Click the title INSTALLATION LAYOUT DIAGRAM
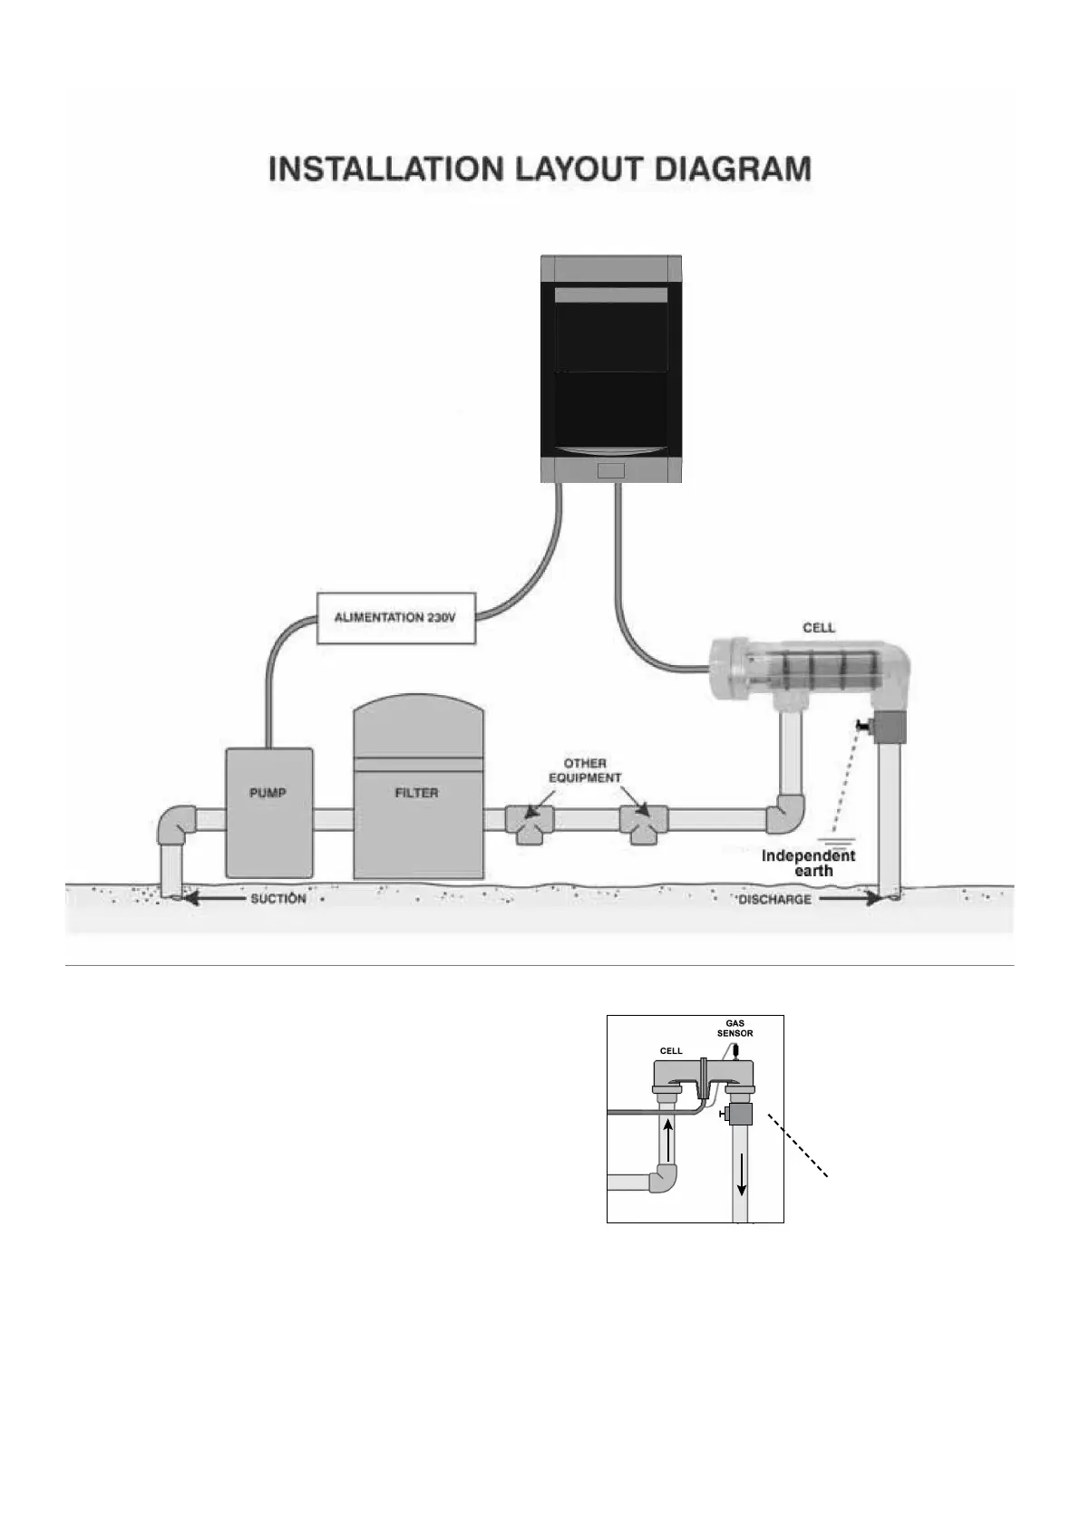tap(540, 169)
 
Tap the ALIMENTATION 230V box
tap(395, 618)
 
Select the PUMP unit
tap(268, 811)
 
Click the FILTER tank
tap(417, 797)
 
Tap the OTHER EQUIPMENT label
tap(585, 770)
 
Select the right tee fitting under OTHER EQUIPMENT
tap(644, 822)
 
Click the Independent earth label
tap(809, 863)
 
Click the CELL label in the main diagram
tap(819, 627)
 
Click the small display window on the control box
tap(611, 470)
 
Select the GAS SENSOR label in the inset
tap(735, 1028)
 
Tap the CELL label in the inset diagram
tap(671, 1050)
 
